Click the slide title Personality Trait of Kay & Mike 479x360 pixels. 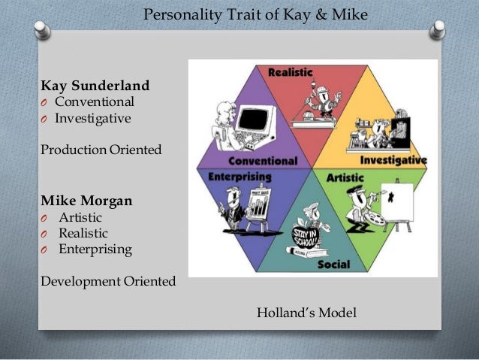255,14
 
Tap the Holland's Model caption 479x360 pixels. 306,311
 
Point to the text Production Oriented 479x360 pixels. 101,150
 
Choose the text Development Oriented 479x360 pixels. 108,281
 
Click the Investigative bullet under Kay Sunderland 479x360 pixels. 92,118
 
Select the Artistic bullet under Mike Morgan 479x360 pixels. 80,217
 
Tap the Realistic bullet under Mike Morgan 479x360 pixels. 83,233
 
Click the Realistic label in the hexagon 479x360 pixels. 291,71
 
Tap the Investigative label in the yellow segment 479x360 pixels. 393,160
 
